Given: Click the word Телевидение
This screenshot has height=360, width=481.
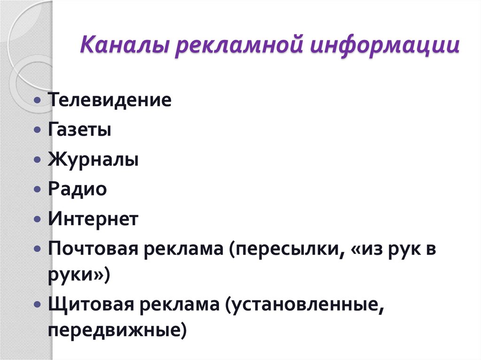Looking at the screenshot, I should (x=109, y=100).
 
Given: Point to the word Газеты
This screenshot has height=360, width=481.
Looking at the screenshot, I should (x=79, y=130).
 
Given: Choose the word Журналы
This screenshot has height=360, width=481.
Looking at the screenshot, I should (x=93, y=160).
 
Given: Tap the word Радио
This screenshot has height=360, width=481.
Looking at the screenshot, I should (x=77, y=190).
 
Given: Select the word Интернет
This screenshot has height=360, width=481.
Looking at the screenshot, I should (x=93, y=219).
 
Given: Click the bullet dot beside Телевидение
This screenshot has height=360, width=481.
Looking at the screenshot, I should (x=38, y=100).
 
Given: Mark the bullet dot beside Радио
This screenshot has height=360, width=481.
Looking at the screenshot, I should (x=38, y=190).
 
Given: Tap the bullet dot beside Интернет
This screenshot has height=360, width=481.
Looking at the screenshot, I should (x=38, y=220).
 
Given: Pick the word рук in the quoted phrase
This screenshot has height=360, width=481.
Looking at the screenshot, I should (x=403, y=249).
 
